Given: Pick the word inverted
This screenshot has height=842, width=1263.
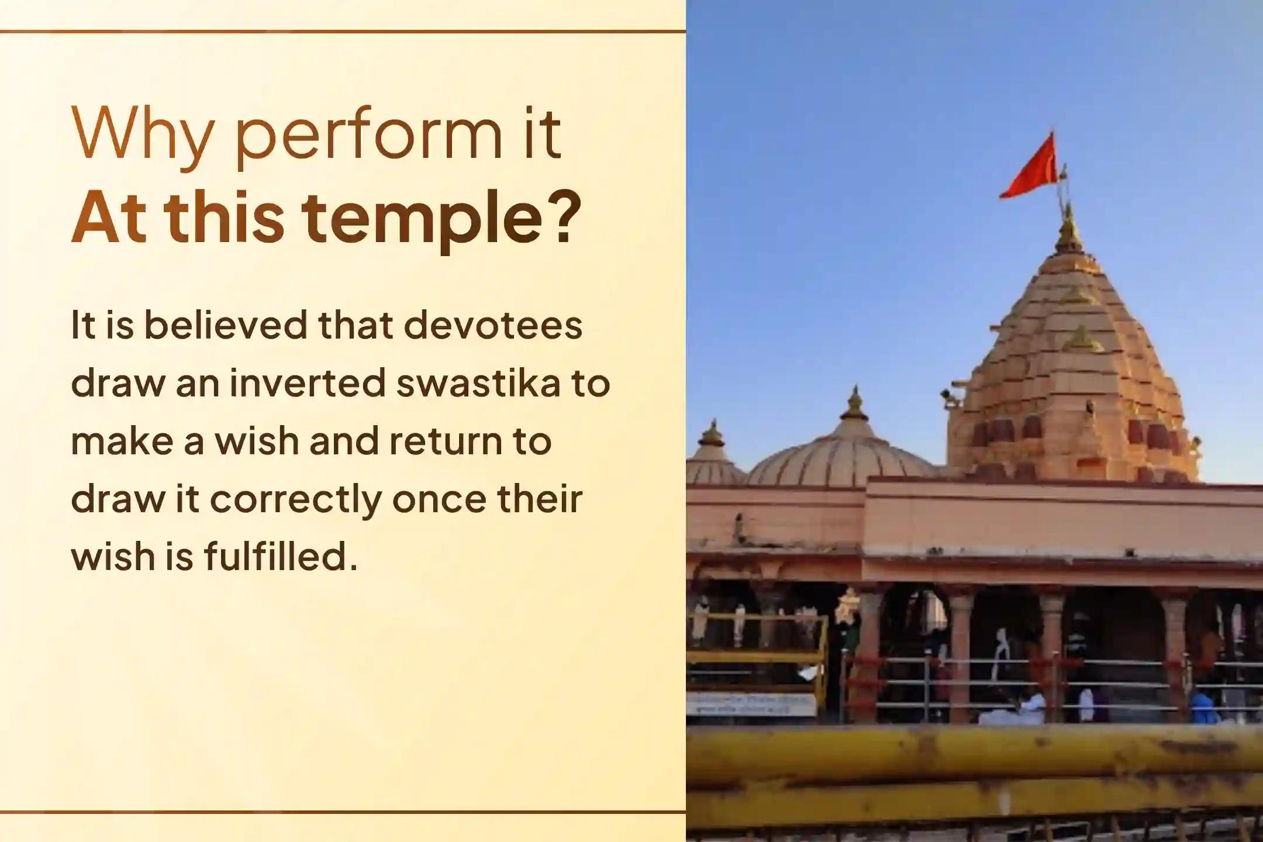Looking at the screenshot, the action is [x=308, y=383].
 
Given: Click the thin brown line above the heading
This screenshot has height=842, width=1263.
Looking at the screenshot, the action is [x=343, y=32].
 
